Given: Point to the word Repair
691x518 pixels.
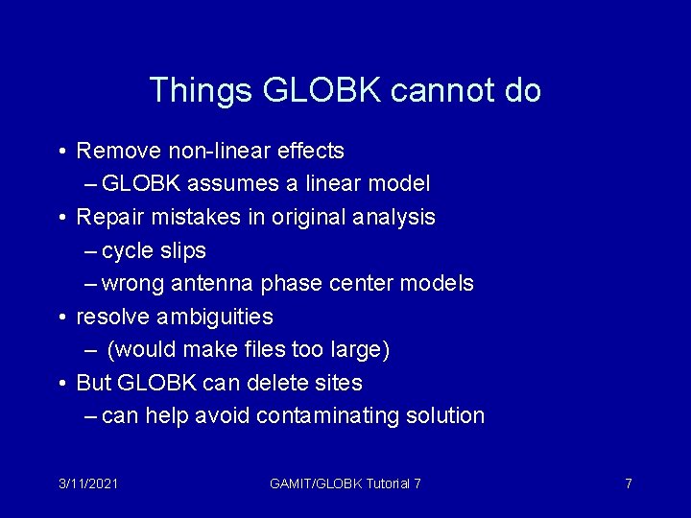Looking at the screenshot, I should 107,217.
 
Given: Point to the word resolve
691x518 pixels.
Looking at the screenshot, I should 107,317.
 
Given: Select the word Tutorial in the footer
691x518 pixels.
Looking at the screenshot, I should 381,483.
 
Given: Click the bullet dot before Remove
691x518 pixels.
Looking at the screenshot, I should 60,152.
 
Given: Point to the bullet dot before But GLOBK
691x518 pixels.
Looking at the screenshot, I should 60,384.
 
